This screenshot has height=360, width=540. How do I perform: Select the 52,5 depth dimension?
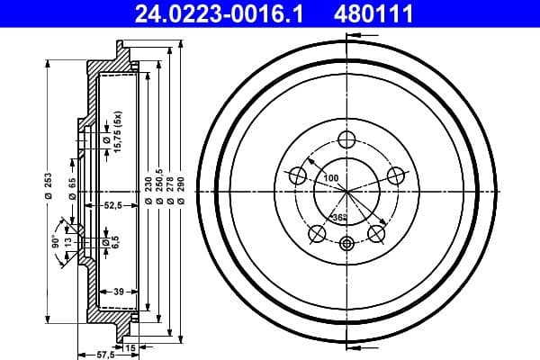point(112,206)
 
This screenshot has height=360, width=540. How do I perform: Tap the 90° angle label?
point(55,240)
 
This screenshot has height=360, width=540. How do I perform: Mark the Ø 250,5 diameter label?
point(158,191)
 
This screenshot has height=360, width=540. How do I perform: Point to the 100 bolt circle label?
point(331,178)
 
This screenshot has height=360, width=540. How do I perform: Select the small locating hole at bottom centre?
point(347,243)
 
